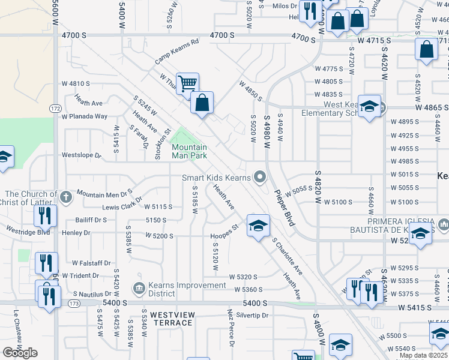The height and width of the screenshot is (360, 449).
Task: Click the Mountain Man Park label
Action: click(189, 151)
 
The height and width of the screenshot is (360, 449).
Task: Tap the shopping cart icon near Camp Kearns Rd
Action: click(187, 83)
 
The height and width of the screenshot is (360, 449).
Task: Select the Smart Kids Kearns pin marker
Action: click(260, 177)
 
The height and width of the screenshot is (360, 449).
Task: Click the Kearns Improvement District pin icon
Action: click(139, 289)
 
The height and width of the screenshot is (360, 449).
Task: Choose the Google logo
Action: click(20, 353)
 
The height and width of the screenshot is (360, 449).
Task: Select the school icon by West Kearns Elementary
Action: click(369, 106)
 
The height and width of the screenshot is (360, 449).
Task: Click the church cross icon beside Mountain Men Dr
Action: click(66, 195)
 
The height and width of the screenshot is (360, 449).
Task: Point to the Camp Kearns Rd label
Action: click(176, 52)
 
